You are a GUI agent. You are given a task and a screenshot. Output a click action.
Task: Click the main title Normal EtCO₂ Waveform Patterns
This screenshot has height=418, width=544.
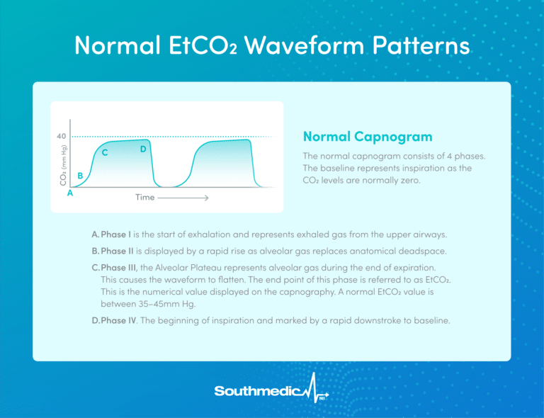point(272,46)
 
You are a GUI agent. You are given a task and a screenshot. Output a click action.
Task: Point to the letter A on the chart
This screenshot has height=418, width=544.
point(70,192)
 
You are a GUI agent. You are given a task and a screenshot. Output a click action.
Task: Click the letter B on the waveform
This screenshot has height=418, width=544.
point(81,175)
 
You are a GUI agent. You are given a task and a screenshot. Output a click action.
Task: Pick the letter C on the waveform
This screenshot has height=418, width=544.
point(105,153)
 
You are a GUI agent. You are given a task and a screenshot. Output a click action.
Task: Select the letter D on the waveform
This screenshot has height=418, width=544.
point(143,149)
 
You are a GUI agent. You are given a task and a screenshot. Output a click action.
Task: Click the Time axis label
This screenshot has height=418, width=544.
point(144,197)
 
